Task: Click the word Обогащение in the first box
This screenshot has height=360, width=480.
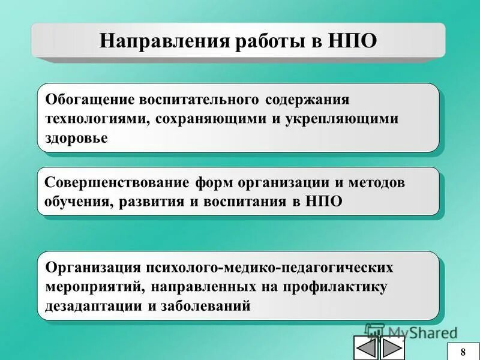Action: (90, 98)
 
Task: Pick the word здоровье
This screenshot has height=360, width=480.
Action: (76, 138)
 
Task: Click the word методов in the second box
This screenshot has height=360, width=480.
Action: (376, 182)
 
